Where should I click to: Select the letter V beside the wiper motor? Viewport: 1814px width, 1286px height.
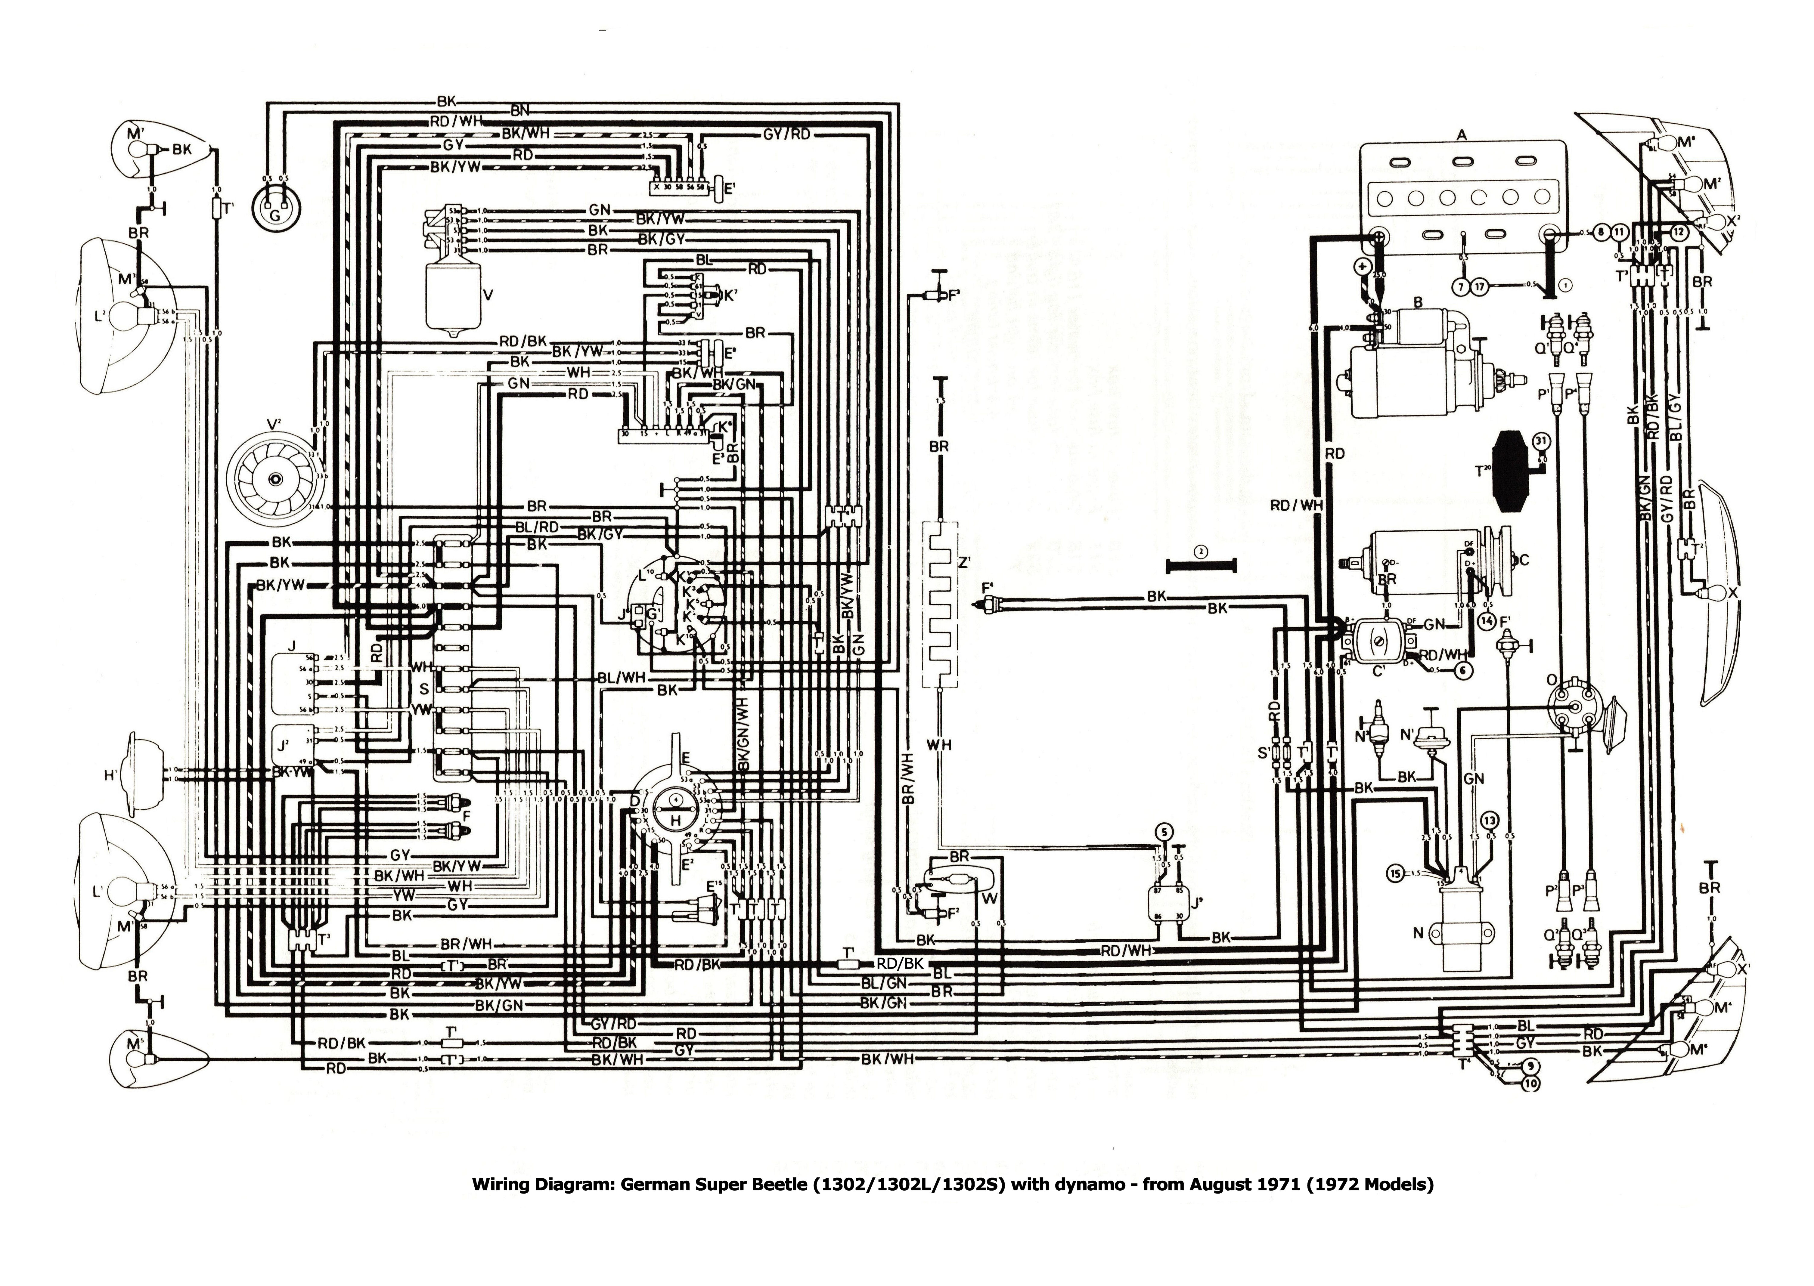488,295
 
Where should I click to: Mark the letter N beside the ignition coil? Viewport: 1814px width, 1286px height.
1418,934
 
